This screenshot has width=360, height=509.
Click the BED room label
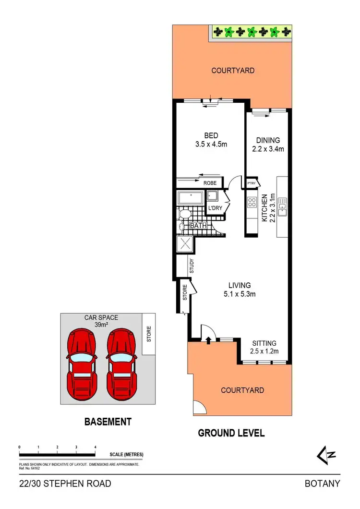207,136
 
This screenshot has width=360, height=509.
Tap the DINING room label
268,140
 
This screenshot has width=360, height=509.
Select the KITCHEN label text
264,207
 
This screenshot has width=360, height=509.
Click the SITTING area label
264,343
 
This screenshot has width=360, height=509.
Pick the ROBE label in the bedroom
210,183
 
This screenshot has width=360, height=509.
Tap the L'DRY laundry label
214,208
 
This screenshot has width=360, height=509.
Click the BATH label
198,225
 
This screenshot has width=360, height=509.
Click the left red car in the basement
81,364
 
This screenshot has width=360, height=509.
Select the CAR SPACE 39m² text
101,321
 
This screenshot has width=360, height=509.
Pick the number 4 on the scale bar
95,447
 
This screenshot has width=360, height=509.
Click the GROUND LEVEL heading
231,433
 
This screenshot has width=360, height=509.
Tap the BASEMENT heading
108,422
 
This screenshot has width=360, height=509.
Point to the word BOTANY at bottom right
323,484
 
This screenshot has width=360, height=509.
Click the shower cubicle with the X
185,244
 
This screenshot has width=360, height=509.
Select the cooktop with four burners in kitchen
252,202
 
